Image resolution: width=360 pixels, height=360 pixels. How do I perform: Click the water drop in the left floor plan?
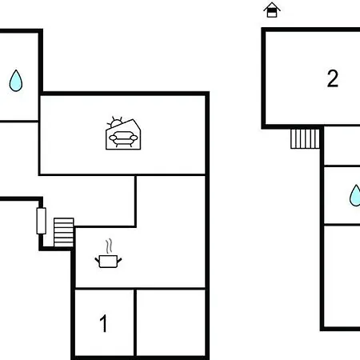(16, 81)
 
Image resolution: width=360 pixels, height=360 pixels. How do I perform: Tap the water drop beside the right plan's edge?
(355, 195)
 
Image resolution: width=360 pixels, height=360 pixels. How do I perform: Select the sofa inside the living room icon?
(123, 138)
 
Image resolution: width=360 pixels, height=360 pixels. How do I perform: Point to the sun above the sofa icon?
(116, 123)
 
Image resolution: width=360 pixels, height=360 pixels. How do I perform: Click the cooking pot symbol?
(108, 261)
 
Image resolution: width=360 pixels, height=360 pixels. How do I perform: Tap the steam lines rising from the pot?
(109, 246)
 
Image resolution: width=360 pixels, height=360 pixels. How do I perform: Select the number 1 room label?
(103, 323)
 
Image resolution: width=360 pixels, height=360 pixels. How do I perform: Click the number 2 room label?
(333, 78)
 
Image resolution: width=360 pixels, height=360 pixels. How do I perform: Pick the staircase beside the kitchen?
(64, 233)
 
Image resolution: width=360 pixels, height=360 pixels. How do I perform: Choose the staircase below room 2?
(305, 138)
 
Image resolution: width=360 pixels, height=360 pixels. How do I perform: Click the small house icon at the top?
(272, 10)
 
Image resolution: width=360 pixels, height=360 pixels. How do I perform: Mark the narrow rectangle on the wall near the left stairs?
(41, 221)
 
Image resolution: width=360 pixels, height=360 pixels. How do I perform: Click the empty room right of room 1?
(170, 322)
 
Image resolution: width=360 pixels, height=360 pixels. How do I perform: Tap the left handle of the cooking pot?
(97, 259)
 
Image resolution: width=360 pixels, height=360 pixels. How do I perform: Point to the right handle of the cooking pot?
(119, 259)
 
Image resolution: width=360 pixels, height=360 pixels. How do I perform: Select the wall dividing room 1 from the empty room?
(135, 322)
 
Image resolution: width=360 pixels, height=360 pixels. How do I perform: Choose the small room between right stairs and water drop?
(342, 146)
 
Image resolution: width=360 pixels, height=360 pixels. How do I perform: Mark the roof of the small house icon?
(272, 6)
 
